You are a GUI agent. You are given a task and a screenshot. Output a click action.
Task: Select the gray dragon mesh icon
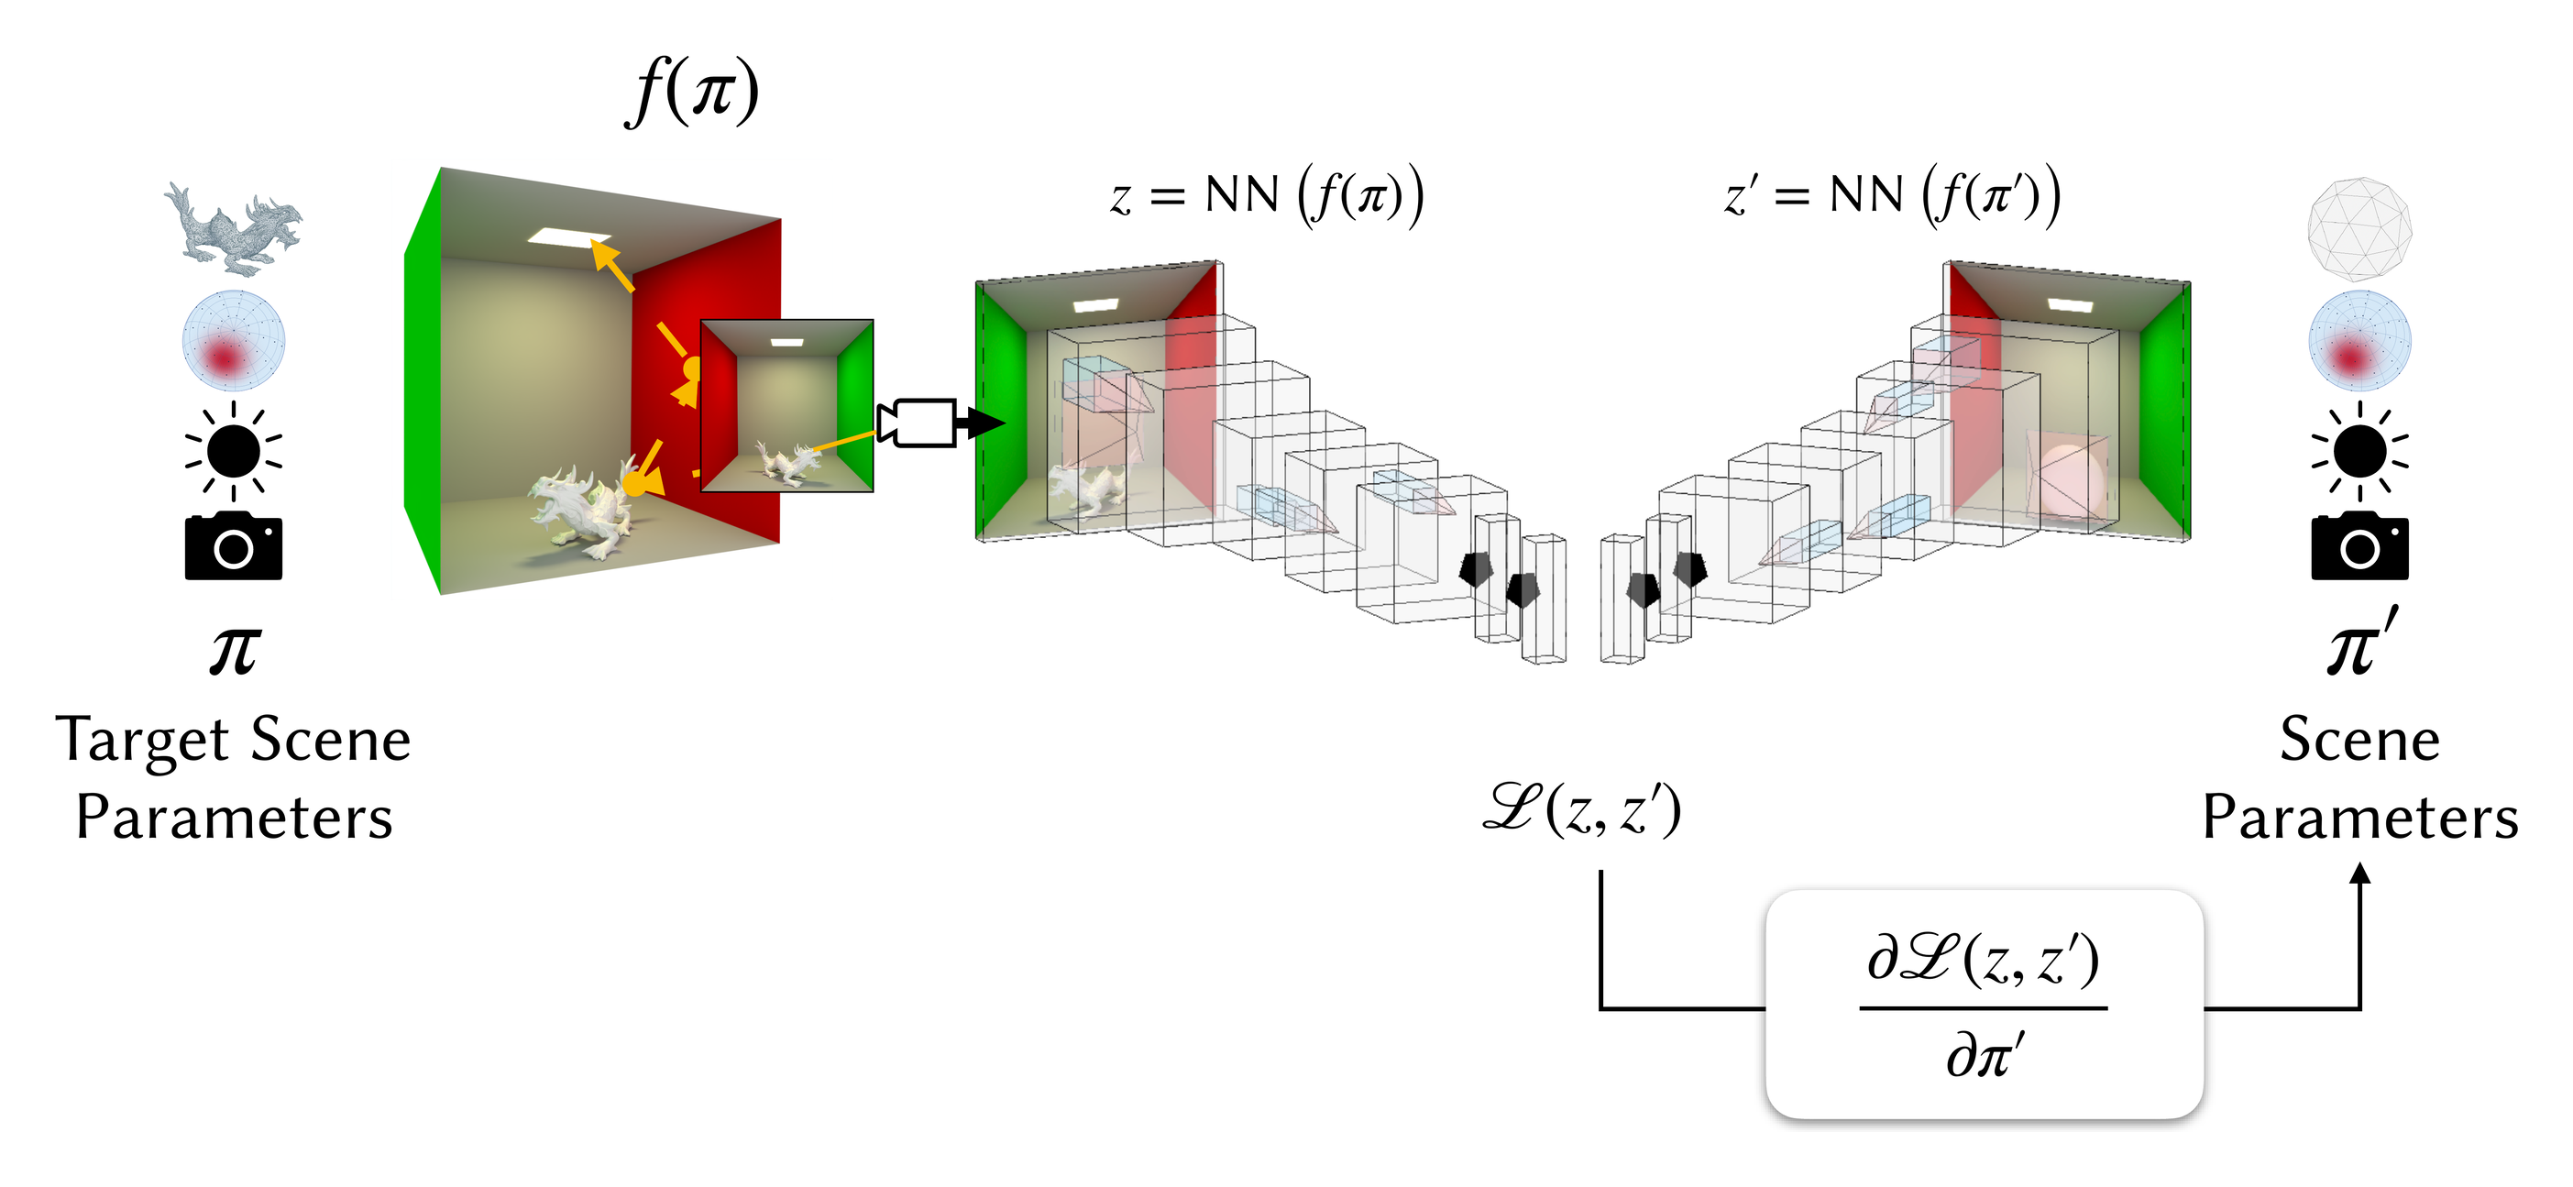234,229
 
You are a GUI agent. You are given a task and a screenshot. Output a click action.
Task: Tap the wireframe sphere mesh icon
2359,229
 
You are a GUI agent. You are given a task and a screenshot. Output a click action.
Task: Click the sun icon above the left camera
234,451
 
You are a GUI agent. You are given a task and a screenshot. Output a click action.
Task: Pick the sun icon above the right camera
2359,451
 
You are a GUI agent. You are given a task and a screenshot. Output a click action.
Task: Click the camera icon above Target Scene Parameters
234,545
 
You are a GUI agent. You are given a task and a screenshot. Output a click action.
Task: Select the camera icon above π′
2359,545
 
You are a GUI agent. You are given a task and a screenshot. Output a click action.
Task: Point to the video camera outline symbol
917,423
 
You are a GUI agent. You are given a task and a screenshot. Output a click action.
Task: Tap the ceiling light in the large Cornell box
568,236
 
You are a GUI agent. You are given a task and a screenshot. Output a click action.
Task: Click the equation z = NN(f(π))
1267,196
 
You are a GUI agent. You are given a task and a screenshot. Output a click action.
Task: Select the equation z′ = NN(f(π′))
1892,196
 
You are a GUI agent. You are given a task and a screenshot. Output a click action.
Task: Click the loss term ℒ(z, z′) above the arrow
1583,809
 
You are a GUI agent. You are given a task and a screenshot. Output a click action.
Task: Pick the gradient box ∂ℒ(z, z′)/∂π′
1984,1005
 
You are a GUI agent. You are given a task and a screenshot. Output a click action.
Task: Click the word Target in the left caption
143,742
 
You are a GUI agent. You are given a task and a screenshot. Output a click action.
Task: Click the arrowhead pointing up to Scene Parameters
2359,874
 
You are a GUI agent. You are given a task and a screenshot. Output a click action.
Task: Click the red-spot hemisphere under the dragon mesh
234,340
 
